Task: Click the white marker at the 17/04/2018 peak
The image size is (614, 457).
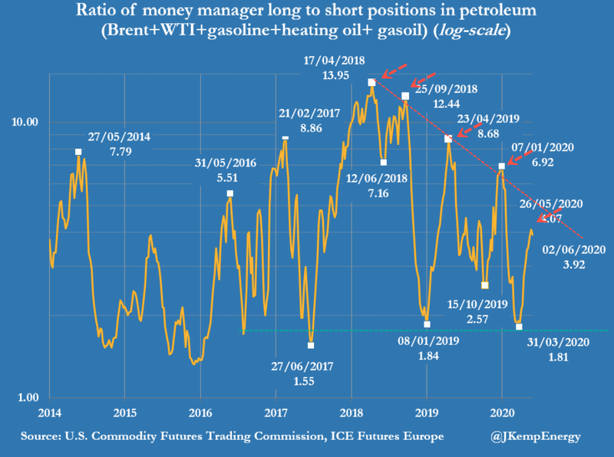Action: [x=371, y=82]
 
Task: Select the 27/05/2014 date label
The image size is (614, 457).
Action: [x=120, y=137]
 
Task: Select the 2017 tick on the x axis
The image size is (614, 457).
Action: [x=276, y=413]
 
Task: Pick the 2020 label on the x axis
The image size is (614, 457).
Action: [x=502, y=413]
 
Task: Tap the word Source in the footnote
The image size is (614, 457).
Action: [x=43, y=436]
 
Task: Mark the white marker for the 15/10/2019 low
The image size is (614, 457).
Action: [x=485, y=285]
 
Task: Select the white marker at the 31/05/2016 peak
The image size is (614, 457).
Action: [x=230, y=194]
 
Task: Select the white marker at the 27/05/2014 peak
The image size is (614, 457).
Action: [x=78, y=152]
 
